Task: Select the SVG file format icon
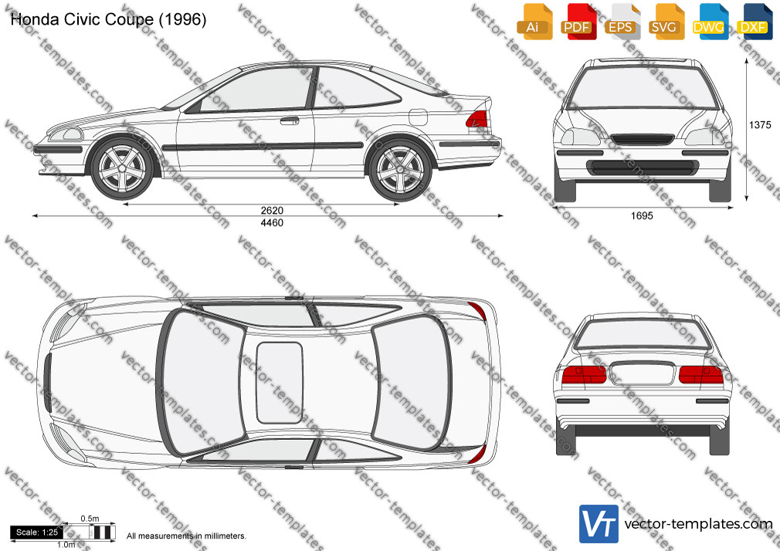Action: (x=666, y=22)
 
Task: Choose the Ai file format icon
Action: (x=534, y=22)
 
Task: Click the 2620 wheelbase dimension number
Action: (x=272, y=211)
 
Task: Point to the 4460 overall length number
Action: (x=272, y=223)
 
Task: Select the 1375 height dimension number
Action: (x=760, y=125)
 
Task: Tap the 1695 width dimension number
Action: (x=642, y=216)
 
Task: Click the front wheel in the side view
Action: (x=122, y=169)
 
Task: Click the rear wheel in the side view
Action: (x=401, y=170)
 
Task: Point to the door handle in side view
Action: (x=289, y=120)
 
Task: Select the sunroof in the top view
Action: (x=279, y=383)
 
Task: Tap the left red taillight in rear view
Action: (x=584, y=374)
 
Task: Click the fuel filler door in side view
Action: (x=418, y=117)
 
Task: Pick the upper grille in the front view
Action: (x=643, y=140)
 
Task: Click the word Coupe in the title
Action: (x=131, y=20)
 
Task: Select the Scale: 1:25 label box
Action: (x=37, y=532)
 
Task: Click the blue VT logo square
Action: (x=599, y=524)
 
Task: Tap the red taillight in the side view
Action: (x=476, y=120)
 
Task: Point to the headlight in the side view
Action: (x=66, y=134)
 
